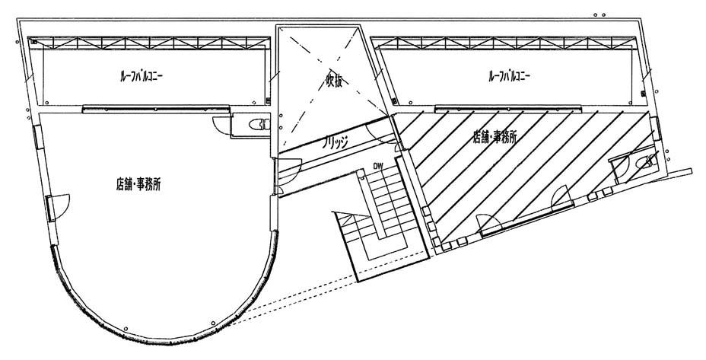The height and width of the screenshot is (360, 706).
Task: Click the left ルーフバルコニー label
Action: point(142,76)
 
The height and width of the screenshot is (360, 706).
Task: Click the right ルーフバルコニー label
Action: point(509,76)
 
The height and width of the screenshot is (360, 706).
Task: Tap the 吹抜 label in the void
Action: point(334,81)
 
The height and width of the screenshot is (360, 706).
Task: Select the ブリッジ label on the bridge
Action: point(336,142)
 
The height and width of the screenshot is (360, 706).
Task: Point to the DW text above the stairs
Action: point(378,167)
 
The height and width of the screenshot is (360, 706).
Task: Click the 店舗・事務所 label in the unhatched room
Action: point(138,185)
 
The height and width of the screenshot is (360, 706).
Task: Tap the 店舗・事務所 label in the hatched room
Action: point(494,138)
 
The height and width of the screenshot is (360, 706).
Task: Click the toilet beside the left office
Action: point(259,124)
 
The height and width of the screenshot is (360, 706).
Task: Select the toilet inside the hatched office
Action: point(644,162)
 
